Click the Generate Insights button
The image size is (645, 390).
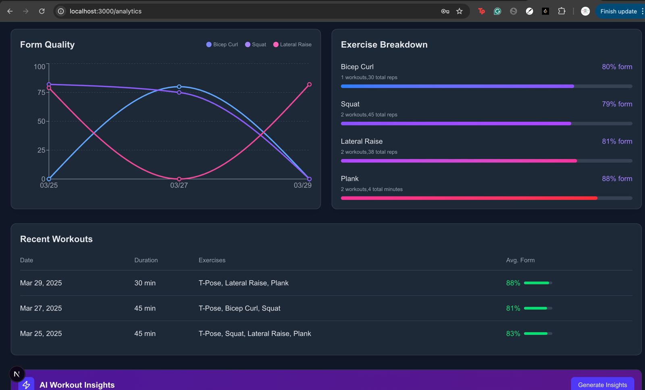[602, 384]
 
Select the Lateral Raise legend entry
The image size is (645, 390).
[292, 44]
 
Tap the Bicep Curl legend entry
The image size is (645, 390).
[222, 44]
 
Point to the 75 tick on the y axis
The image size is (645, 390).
[41, 92]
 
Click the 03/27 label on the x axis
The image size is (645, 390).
[179, 186]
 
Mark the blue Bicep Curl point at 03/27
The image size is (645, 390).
[179, 87]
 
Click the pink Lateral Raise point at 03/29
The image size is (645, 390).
[309, 85]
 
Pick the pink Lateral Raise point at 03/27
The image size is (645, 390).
[179, 179]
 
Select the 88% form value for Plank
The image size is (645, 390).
[617, 179]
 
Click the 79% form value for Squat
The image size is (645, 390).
[617, 104]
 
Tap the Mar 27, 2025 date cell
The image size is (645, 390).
[41, 308]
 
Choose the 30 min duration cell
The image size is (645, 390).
[145, 283]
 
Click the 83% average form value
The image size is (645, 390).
[513, 334]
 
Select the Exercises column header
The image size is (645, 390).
[212, 260]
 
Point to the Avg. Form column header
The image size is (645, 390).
[520, 260]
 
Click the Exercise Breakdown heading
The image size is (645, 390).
[384, 45]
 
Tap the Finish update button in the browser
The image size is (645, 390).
[618, 11]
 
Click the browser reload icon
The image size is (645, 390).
[42, 11]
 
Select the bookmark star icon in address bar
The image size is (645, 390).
[460, 11]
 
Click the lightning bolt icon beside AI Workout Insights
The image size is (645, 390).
[26, 385]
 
